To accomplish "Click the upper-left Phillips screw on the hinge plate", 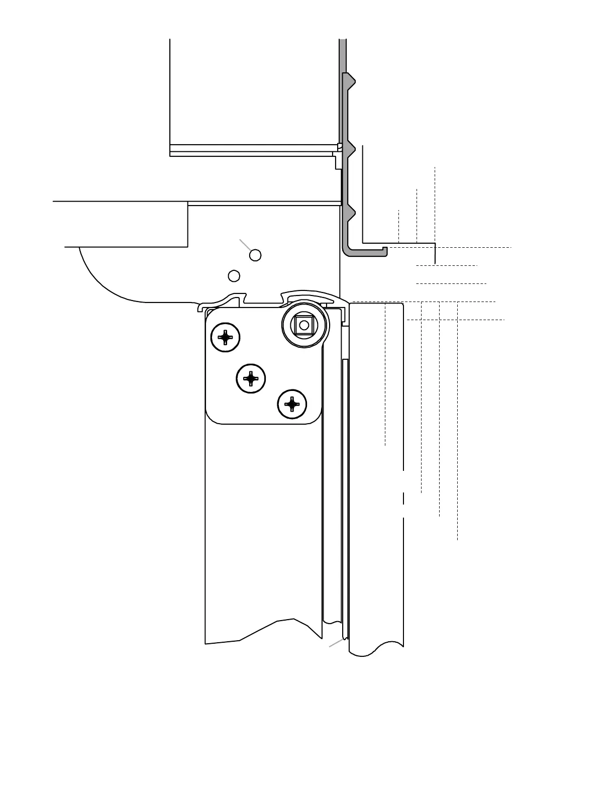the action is click(226, 337).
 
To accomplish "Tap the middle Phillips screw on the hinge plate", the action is click(251, 378).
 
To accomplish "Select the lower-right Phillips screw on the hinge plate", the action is click(292, 404).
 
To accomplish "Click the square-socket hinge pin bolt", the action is click(304, 325).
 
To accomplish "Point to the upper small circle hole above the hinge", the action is click(255, 255).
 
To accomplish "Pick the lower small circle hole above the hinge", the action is click(234, 276).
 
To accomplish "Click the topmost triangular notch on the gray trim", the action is click(352, 80).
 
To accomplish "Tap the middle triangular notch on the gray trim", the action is click(352, 149).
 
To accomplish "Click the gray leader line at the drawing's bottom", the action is click(336, 643).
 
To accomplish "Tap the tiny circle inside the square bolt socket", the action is click(304, 325).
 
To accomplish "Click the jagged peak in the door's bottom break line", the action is click(293, 619).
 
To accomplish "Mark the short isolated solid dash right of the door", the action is click(403, 499).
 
